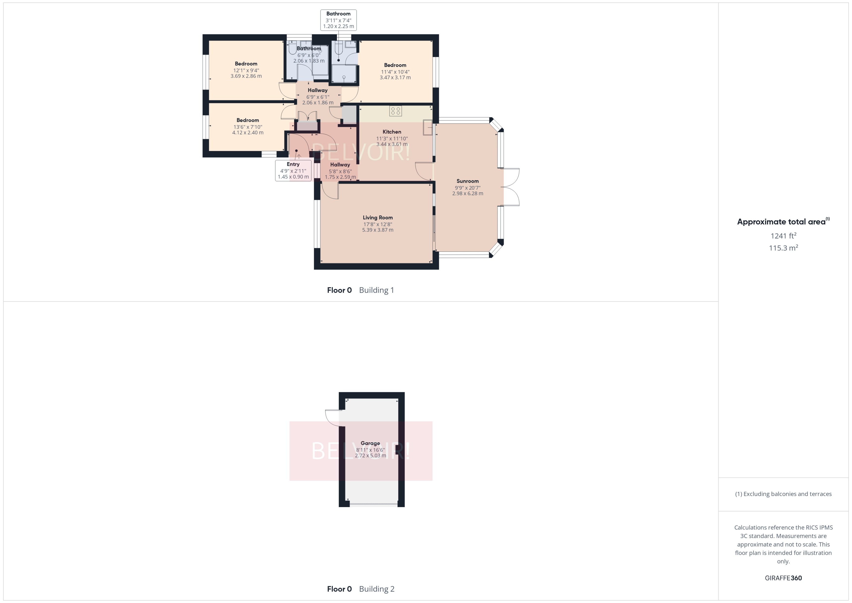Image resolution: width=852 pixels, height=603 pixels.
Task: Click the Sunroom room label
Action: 467,181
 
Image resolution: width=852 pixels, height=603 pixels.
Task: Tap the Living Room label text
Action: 378,218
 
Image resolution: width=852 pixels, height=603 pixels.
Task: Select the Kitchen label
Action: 392,132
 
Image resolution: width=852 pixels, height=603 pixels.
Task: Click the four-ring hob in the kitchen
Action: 395,111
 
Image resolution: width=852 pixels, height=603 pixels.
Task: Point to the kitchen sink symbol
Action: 428,128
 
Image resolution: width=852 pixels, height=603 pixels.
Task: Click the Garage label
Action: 370,443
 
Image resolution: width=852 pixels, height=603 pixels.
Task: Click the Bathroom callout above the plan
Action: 338,20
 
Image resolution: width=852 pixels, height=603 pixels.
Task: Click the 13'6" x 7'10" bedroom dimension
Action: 248,127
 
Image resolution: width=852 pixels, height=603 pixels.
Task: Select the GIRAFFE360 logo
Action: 783,578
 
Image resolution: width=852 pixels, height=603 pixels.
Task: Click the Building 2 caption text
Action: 376,589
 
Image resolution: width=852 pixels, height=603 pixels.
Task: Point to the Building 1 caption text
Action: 376,290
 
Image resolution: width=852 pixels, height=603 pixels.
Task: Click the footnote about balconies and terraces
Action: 783,494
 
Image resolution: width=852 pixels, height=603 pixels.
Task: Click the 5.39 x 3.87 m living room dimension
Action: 378,230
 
